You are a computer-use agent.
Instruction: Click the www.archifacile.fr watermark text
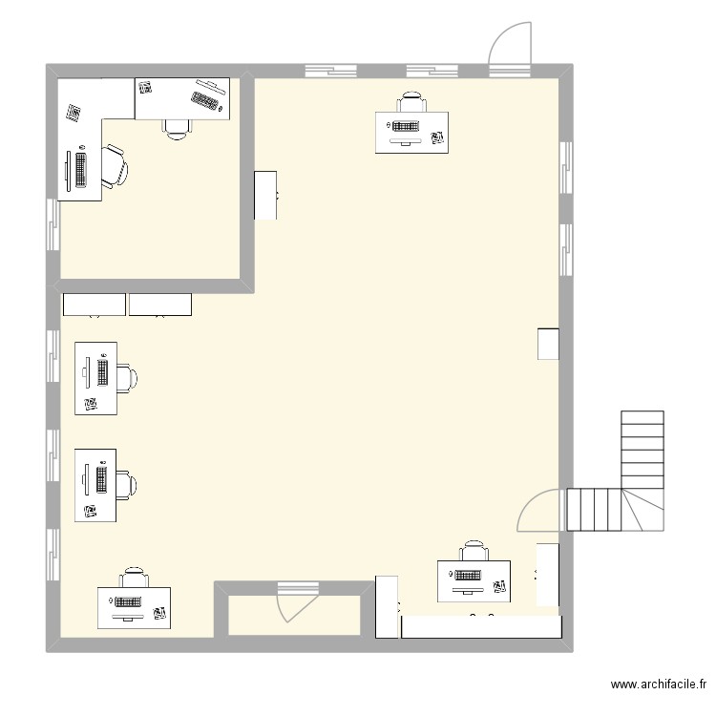(659, 684)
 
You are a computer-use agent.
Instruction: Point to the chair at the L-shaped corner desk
(115, 166)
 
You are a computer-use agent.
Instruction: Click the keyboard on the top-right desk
(405, 126)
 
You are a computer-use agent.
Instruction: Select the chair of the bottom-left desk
(134, 578)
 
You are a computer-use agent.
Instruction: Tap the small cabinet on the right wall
(548, 344)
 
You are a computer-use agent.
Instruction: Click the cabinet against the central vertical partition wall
(265, 196)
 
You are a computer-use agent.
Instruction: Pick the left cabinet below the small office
(95, 305)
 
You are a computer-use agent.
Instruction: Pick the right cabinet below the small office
(160, 305)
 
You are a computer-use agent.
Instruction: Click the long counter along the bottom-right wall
(481, 626)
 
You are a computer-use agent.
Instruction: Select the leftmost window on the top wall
(330, 71)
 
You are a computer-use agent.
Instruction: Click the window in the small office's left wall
(53, 225)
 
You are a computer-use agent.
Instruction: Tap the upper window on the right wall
(566, 168)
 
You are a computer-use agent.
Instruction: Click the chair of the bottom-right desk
(474, 551)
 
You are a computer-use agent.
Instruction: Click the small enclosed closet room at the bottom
(294, 615)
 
